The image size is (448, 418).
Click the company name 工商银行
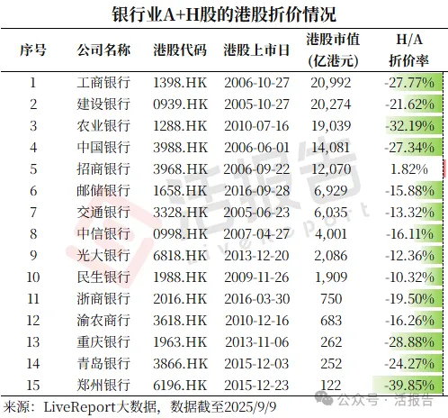(104, 83)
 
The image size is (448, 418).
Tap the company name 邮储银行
(104, 191)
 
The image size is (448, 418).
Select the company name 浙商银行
(104, 298)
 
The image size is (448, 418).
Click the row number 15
(32, 385)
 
